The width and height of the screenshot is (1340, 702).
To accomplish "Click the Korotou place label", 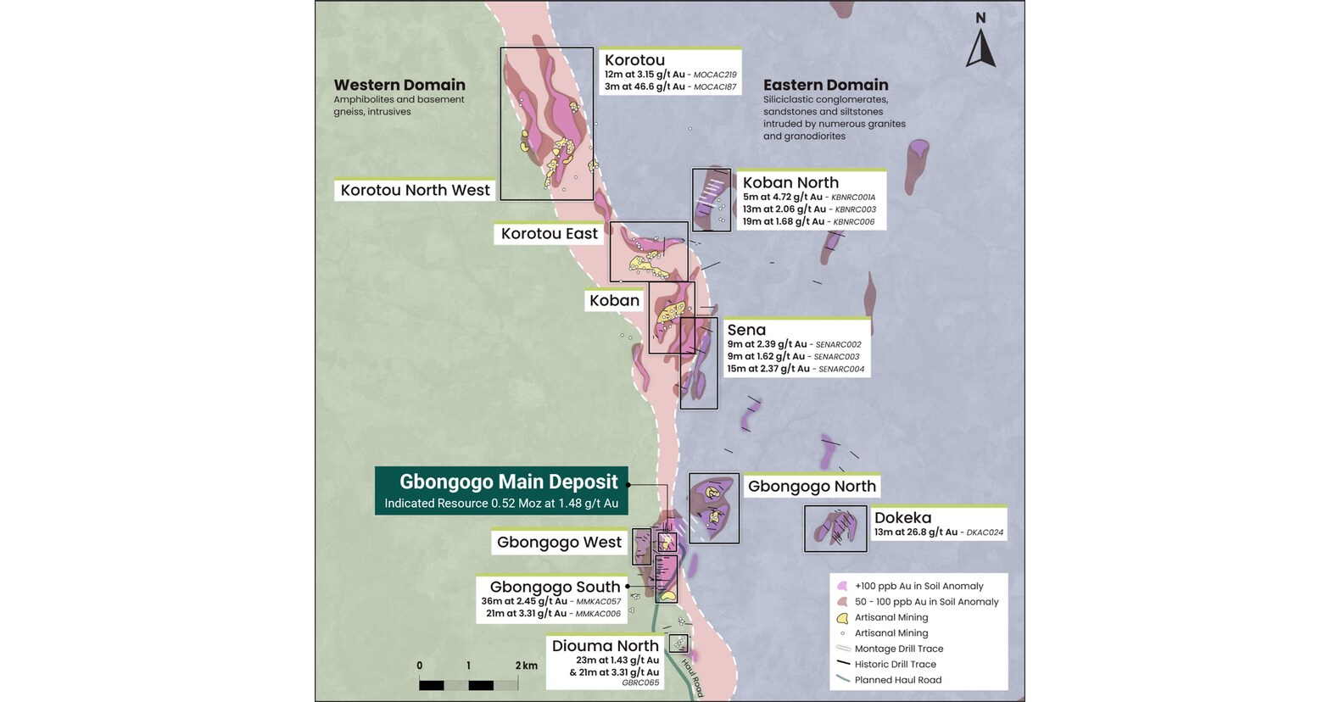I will tap(634, 60).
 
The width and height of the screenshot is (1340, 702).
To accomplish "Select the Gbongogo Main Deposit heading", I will tap(508, 482).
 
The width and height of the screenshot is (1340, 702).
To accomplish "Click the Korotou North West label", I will tap(415, 190).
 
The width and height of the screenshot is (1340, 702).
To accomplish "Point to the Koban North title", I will tap(790, 182).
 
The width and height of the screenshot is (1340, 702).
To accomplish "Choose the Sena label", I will tap(746, 330).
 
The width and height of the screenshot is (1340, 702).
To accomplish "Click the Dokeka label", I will tap(902, 517).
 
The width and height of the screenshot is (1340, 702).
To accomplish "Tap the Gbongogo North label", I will tap(812, 486).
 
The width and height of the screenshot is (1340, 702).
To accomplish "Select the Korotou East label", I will tap(549, 233).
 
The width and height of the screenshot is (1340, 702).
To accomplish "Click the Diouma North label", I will tap(605, 646).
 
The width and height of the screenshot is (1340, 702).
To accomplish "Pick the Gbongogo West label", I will tap(559, 542).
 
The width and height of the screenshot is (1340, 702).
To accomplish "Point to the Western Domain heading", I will tap(399, 85).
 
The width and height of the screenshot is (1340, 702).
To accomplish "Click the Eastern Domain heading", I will tap(825, 85).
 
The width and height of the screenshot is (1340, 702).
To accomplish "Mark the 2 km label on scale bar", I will tap(526, 666).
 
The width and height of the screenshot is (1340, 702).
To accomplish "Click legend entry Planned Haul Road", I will tap(897, 680).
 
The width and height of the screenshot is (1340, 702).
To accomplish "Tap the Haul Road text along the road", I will tap(693, 678).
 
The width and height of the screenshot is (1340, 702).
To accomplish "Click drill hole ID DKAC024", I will tap(985, 532).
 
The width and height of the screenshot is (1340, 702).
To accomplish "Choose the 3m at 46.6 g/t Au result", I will tap(645, 86).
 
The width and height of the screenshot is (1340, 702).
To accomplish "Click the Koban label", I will tap(614, 300).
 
